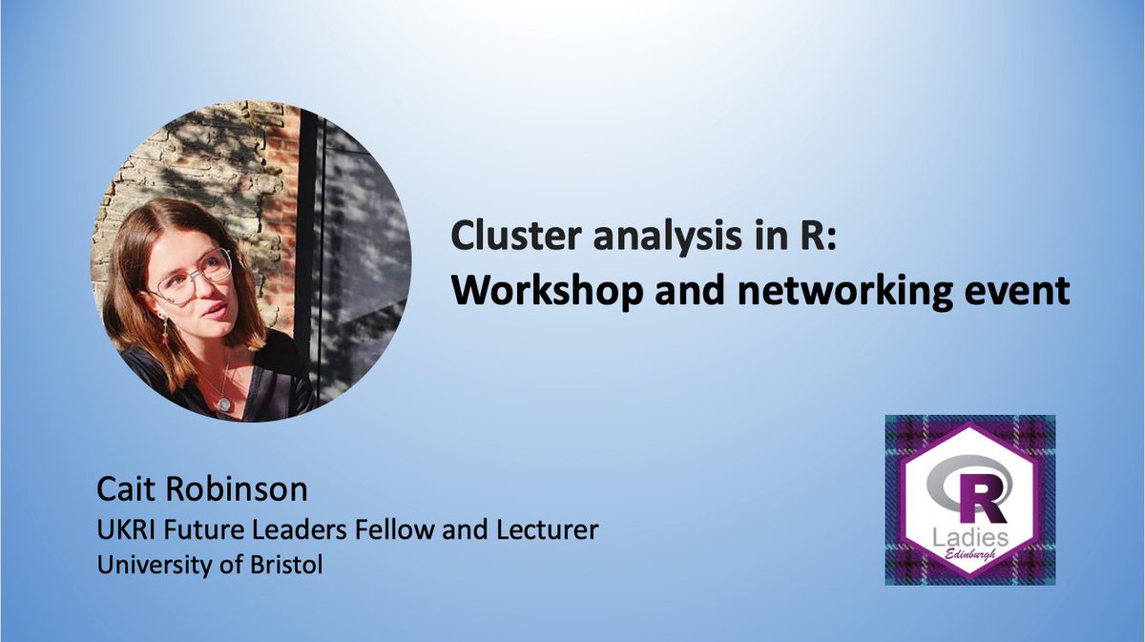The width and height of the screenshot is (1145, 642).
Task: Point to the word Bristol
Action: [x=284, y=565]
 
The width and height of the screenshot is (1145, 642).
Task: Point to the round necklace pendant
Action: [x=223, y=404]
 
